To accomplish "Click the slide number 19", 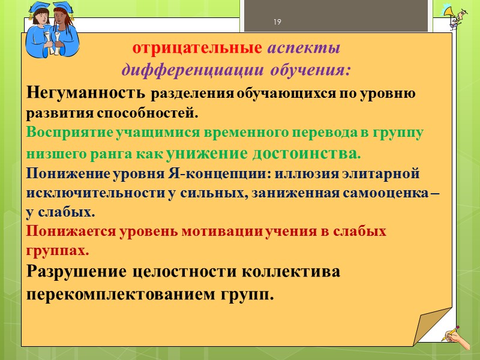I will pos(277,23).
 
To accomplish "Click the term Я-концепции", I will pos(208,174).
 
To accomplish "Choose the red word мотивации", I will pos(224,231).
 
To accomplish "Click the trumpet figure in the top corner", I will pos(457,18).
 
